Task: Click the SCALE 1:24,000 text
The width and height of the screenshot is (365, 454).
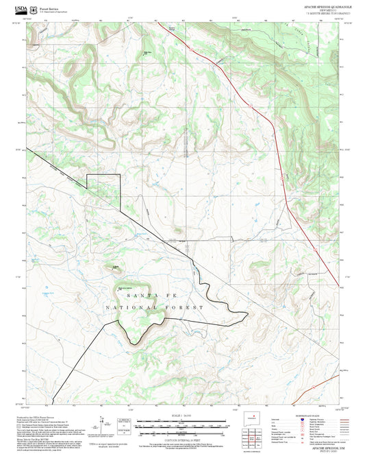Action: (182, 416)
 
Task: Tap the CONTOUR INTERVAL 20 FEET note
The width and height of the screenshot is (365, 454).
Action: (182, 436)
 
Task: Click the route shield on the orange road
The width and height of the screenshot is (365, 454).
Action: (280, 177)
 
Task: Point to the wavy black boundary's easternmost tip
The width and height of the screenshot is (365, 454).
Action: (248, 313)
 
